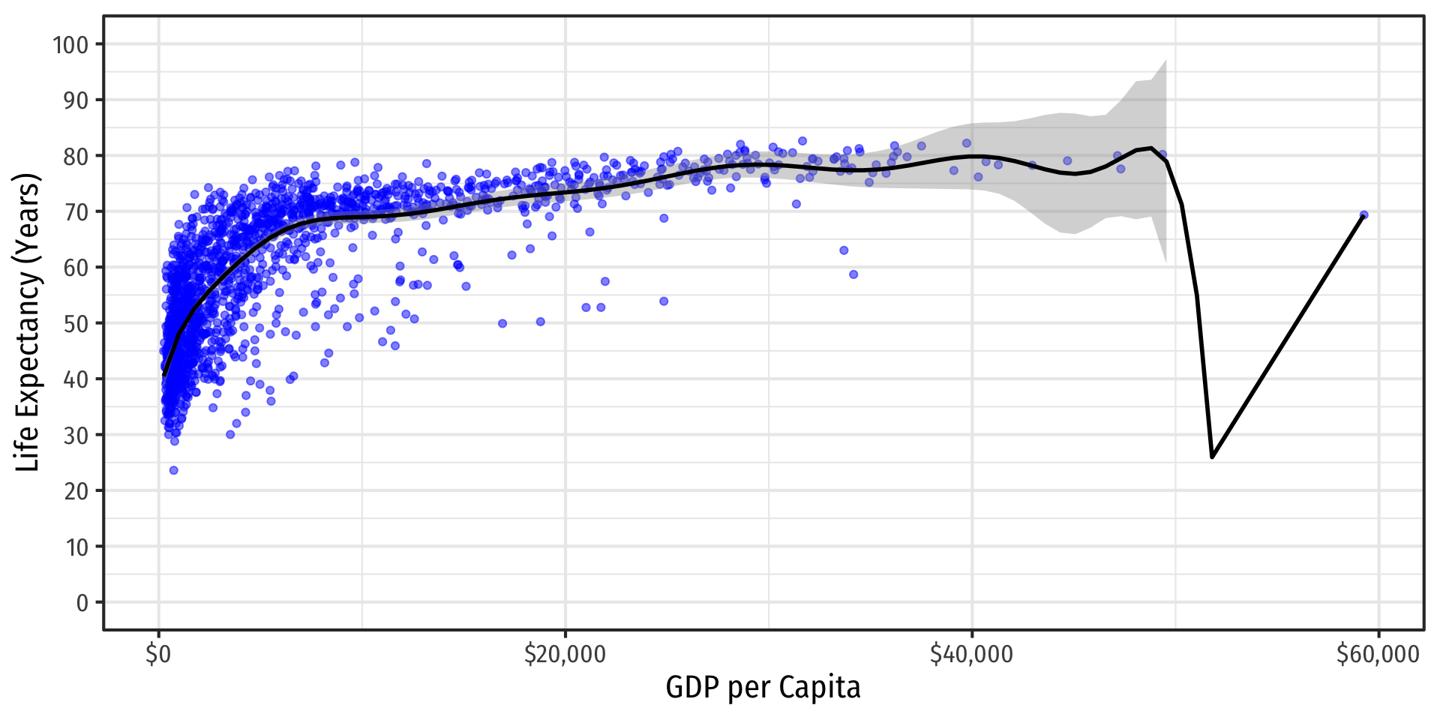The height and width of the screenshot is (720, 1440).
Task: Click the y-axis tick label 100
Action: pyautogui.click(x=70, y=45)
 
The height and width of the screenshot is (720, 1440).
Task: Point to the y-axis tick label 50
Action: pyautogui.click(x=76, y=324)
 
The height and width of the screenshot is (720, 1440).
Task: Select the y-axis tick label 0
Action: pyautogui.click(x=82, y=603)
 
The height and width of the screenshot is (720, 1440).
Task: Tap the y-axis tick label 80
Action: pyautogui.click(x=76, y=157)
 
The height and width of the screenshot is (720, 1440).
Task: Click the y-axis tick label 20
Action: pyautogui.click(x=76, y=491)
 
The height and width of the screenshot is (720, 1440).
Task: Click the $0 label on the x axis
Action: pyautogui.click(x=158, y=655)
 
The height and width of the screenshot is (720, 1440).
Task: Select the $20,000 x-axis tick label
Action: pyautogui.click(x=565, y=655)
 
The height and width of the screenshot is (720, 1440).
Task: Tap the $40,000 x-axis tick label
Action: pyautogui.click(x=971, y=655)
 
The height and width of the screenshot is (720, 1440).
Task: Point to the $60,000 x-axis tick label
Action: pyautogui.click(x=1378, y=655)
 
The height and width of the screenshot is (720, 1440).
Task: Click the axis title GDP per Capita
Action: pyautogui.click(x=763, y=688)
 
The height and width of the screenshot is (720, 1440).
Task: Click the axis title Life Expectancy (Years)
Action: pyautogui.click(x=27, y=322)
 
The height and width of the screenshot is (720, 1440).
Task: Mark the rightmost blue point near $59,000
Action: pyautogui.click(x=1363, y=215)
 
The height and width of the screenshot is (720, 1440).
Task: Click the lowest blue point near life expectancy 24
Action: pyautogui.click(x=174, y=470)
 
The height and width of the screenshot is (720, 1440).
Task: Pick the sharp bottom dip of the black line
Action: pyautogui.click(x=1212, y=457)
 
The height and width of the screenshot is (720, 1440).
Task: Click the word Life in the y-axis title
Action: pyautogui.click(x=27, y=449)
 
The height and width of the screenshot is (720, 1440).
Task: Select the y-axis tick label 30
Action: pyautogui.click(x=76, y=436)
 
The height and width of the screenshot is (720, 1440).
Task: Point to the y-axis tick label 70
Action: pyautogui.click(x=76, y=212)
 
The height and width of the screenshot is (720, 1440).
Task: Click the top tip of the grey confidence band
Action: pyautogui.click(x=1165, y=61)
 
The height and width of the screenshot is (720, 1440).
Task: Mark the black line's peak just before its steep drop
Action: pyautogui.click(x=1151, y=148)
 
